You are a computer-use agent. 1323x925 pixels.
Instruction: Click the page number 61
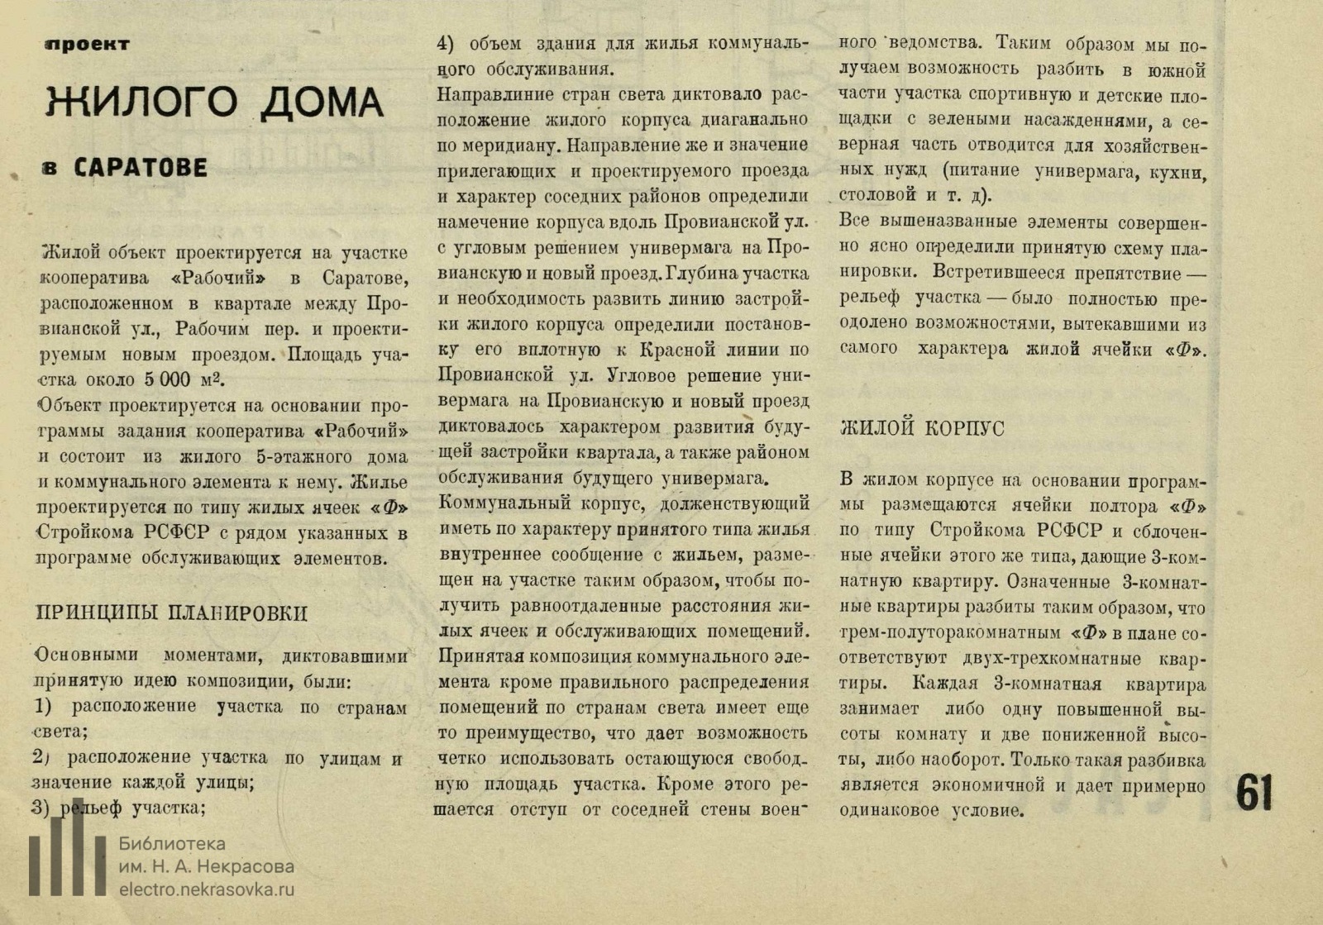1254,794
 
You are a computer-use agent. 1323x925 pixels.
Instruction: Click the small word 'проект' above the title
88,45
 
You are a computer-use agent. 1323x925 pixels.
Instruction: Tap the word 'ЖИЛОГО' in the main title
141,103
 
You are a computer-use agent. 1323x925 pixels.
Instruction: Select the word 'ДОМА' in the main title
322,103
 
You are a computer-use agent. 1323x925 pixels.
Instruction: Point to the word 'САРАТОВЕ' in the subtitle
141,168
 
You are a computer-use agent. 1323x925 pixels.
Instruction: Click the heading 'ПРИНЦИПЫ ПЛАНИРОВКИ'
172,613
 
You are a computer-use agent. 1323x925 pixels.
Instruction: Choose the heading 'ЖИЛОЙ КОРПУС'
922,428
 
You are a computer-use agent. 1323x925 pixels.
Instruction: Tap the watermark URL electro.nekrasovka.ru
207,890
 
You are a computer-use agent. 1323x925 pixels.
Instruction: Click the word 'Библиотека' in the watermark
172,844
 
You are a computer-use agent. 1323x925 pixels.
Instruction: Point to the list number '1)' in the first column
43,707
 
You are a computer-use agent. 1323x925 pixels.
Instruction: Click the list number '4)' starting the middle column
446,44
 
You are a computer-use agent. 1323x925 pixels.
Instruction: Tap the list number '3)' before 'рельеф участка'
41,808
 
